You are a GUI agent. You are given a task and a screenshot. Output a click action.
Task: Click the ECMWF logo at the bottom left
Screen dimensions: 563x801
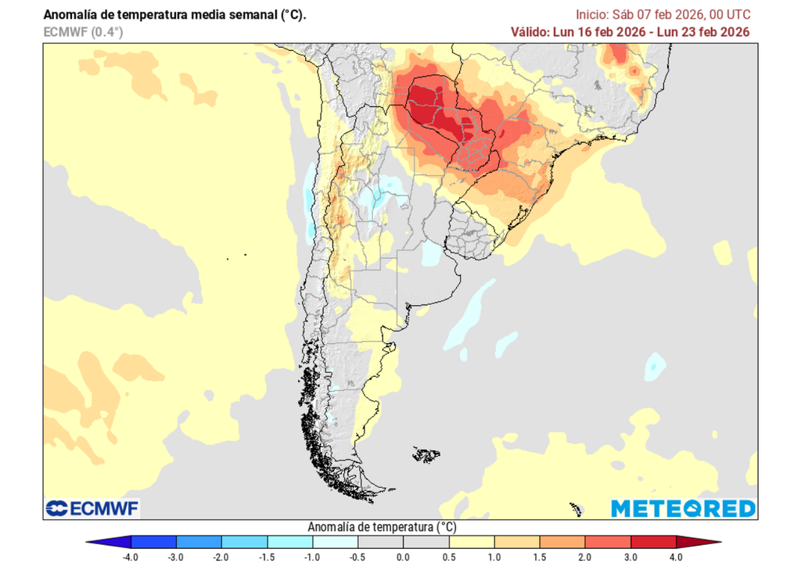pyautogui.click(x=92, y=509)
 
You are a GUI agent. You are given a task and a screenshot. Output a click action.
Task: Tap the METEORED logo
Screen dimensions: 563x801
pyautogui.click(x=683, y=509)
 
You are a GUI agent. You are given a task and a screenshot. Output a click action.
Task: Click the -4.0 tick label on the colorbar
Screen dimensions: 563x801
pyautogui.click(x=131, y=557)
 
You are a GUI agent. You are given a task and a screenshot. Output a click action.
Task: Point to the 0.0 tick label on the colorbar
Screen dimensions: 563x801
pyautogui.click(x=403, y=557)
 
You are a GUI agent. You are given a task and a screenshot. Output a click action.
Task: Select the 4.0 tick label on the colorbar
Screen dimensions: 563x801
pyautogui.click(x=676, y=557)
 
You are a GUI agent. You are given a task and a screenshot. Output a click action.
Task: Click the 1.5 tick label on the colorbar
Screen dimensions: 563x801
pyautogui.click(x=540, y=557)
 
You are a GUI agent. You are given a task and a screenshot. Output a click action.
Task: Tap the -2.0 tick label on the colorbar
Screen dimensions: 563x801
pyautogui.click(x=221, y=557)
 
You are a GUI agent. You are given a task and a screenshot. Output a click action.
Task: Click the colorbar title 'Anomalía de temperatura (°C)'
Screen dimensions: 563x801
pyautogui.click(x=383, y=526)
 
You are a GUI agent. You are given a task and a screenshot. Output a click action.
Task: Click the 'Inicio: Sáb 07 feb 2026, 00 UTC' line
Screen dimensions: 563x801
pyautogui.click(x=663, y=15)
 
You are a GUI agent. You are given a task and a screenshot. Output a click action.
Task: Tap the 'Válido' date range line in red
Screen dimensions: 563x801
pyautogui.click(x=630, y=31)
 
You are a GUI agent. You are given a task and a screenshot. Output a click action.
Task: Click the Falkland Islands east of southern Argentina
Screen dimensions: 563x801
pyautogui.click(x=426, y=454)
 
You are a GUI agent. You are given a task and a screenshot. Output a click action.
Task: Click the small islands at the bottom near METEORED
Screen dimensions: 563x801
pyautogui.click(x=577, y=509)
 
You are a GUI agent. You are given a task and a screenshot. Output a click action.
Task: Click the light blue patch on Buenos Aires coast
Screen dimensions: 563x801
pyautogui.click(x=431, y=253)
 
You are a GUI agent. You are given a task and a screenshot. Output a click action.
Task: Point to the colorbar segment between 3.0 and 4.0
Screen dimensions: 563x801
pyautogui.click(x=653, y=541)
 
